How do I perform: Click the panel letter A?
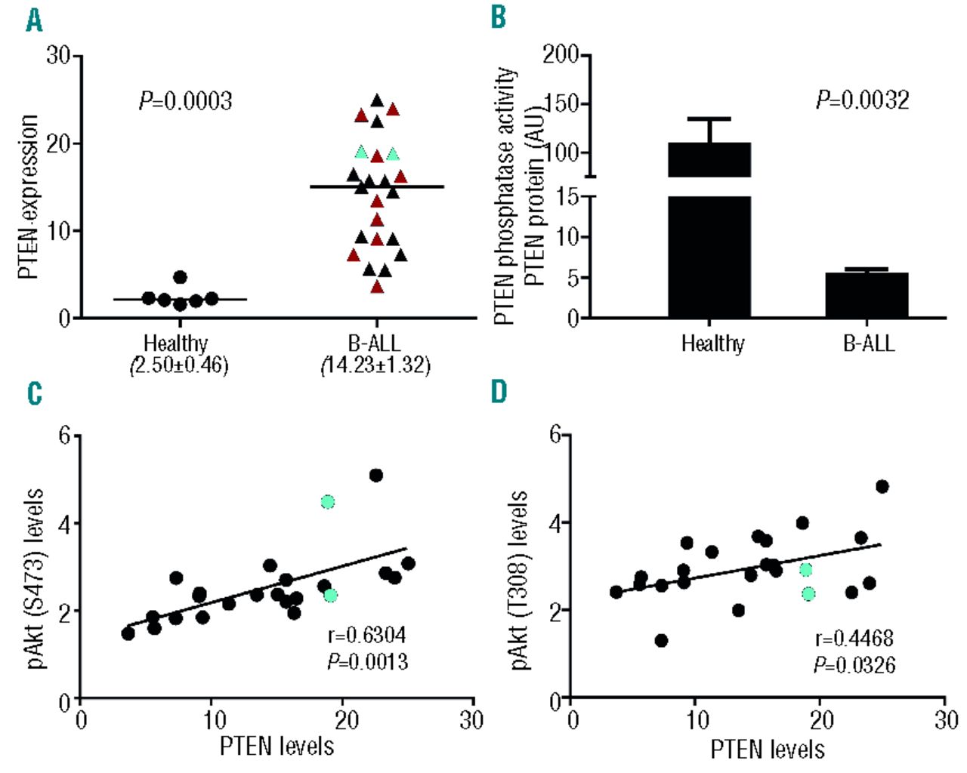click(34, 20)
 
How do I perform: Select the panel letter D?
click(499, 392)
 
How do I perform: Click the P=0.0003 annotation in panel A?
click(185, 101)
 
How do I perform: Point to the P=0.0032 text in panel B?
click(862, 100)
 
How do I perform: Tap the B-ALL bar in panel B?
click(867, 295)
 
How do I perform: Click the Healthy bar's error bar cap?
click(710, 119)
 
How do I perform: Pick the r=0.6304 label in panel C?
click(367, 635)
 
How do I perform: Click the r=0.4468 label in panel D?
click(854, 639)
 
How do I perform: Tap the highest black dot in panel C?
click(375, 475)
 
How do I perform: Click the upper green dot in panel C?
click(327, 502)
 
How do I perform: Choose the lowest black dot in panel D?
click(661, 640)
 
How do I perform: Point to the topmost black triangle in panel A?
click(377, 100)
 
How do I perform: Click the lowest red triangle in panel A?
click(377, 287)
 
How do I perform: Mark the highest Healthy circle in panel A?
click(180, 277)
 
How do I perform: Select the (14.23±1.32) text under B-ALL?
click(375, 366)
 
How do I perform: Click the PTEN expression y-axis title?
click(28, 196)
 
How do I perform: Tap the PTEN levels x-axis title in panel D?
click(767, 749)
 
